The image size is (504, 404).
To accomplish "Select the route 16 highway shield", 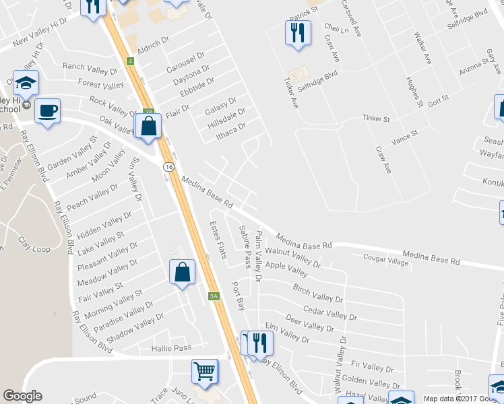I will [x=165, y=166].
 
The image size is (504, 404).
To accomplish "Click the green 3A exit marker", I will [x=214, y=296].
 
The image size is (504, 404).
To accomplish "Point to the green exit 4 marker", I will [x=129, y=61].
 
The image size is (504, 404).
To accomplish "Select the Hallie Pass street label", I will [x=171, y=348].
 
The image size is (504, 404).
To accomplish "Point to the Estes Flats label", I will [x=218, y=240].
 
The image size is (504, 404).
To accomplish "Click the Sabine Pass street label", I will [x=246, y=246].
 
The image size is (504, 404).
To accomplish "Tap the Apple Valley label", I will [x=286, y=269].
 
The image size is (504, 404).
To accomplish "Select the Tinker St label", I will [x=376, y=119].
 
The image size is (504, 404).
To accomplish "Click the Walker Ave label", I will [x=423, y=48].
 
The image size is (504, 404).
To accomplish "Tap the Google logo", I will [x=22, y=397].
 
